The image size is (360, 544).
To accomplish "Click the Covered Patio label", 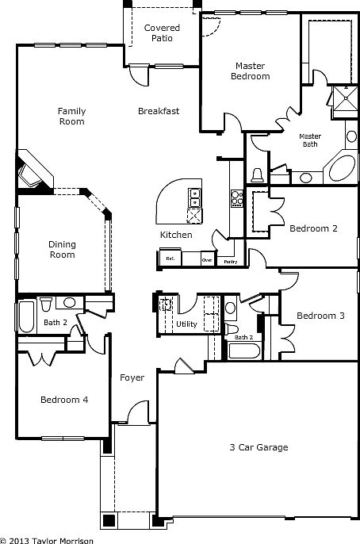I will point(162,33).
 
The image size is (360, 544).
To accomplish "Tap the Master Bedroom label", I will point(251,71).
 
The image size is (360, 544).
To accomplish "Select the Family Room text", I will point(71,117).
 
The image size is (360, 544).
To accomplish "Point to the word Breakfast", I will point(159,111).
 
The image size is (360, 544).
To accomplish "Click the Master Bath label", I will point(310,140).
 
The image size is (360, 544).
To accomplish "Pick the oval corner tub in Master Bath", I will point(342,168).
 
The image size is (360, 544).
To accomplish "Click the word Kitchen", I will point(176,236).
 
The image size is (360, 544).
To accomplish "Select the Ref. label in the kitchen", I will point(169,259).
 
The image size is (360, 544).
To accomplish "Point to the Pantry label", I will point(231,260).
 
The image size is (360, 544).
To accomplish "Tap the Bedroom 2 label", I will point(313,228).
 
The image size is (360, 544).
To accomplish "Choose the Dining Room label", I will point(62,249).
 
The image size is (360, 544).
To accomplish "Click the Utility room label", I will point(187,324).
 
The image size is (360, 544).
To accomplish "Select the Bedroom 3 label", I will point(320,316).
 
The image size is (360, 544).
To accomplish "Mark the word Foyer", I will point(132,377).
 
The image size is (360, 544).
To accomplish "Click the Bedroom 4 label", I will point(64,400).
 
